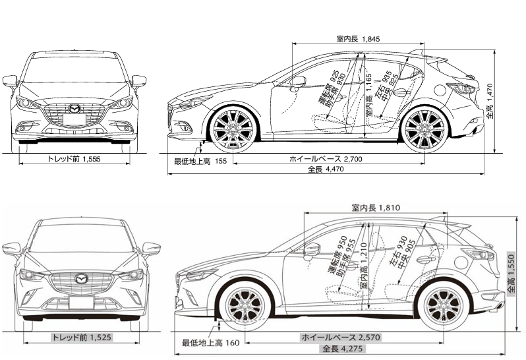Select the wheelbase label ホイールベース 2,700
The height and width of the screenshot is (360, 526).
click(x=326, y=159)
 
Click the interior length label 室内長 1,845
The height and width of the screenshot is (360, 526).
click(x=358, y=40)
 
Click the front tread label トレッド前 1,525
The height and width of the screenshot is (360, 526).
click(x=82, y=338)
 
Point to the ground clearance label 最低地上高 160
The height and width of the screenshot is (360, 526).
click(x=210, y=342)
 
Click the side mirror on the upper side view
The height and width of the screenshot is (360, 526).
click(x=298, y=82)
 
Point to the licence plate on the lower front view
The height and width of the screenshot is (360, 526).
click(x=81, y=303)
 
